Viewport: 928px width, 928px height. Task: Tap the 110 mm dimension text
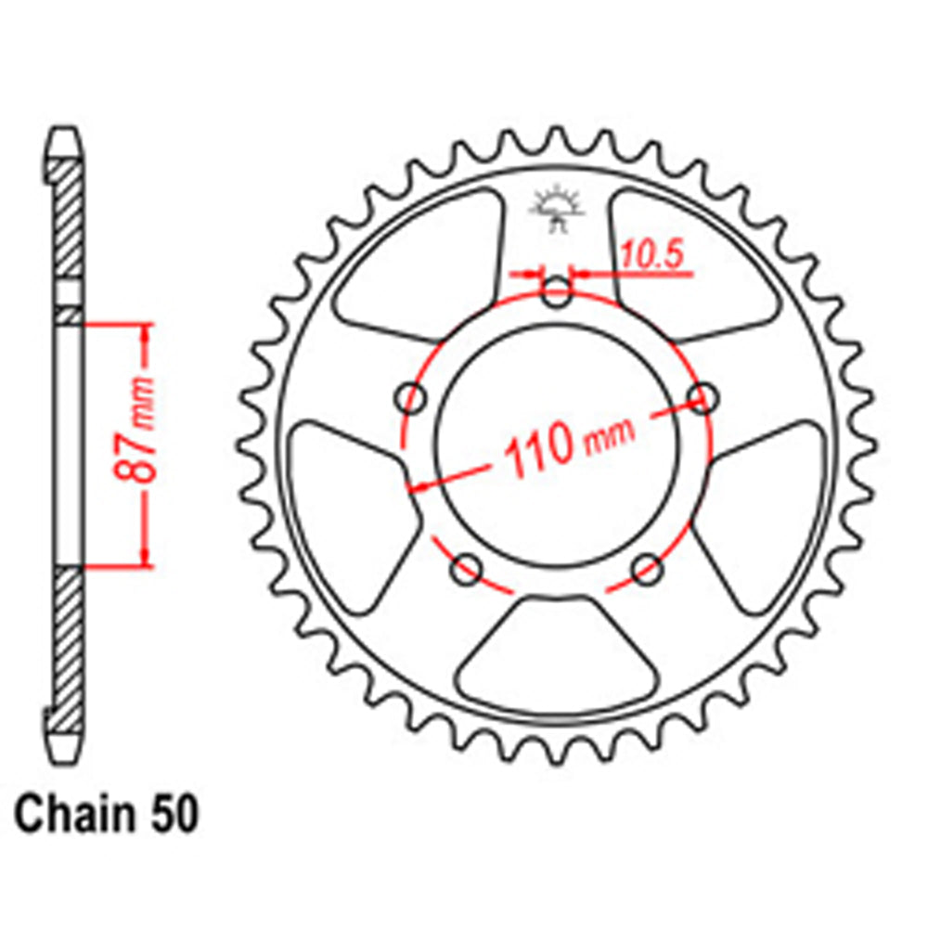coord(566,445)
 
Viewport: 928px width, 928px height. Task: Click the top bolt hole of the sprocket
coord(556,296)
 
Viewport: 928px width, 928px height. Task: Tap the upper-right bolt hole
coord(703,398)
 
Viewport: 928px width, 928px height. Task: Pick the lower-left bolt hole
coord(466,568)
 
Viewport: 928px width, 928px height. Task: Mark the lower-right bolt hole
coord(647,568)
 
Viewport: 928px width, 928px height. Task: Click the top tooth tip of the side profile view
coord(63,135)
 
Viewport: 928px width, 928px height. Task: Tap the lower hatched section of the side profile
coord(68,640)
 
